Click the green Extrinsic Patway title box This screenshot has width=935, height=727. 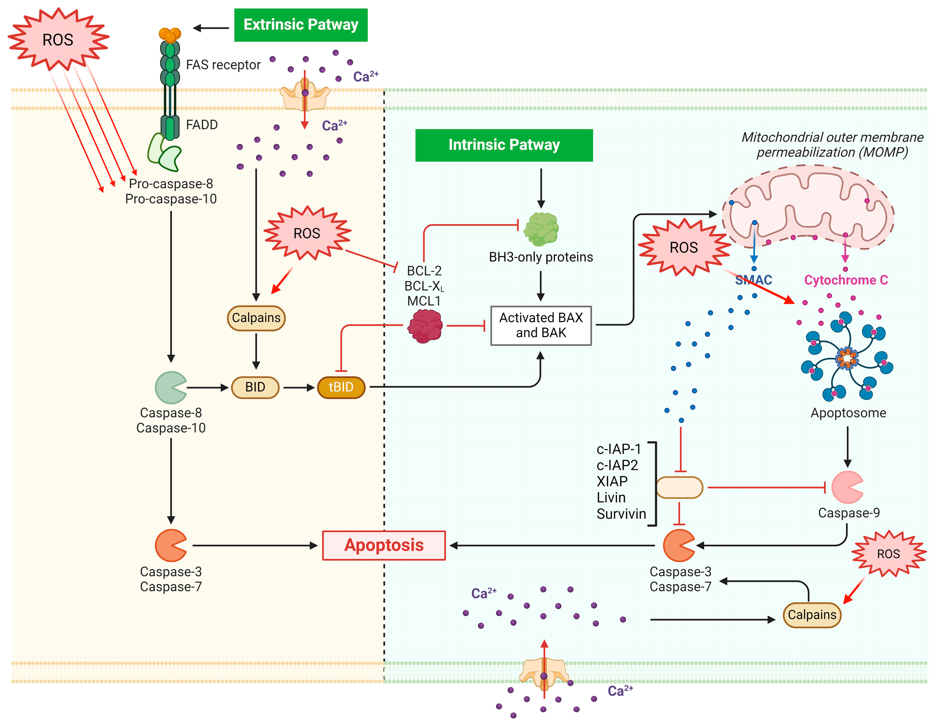coord(301,25)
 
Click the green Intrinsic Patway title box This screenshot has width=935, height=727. coord(503,145)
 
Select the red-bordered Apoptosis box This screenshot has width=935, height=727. coord(384,545)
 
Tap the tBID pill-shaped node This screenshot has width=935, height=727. coord(341,387)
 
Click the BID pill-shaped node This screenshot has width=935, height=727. coord(255,387)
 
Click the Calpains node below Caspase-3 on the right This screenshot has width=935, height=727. coord(812,615)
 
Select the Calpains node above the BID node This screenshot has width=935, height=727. coord(256,318)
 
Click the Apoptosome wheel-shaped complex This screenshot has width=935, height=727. coord(846,358)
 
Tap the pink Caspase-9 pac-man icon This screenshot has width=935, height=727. coord(846,487)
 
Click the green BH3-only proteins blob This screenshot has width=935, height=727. coord(541,229)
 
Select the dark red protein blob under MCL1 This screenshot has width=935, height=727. coord(425,326)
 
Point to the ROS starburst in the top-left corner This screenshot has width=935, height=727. coord(58,39)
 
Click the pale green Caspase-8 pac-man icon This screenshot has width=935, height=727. coord(170,387)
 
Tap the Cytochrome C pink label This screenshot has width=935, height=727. coord(846,280)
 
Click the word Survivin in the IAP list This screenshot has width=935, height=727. coord(621,514)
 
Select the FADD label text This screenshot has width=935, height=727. coord(202,125)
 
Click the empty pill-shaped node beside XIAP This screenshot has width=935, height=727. coord(679,487)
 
